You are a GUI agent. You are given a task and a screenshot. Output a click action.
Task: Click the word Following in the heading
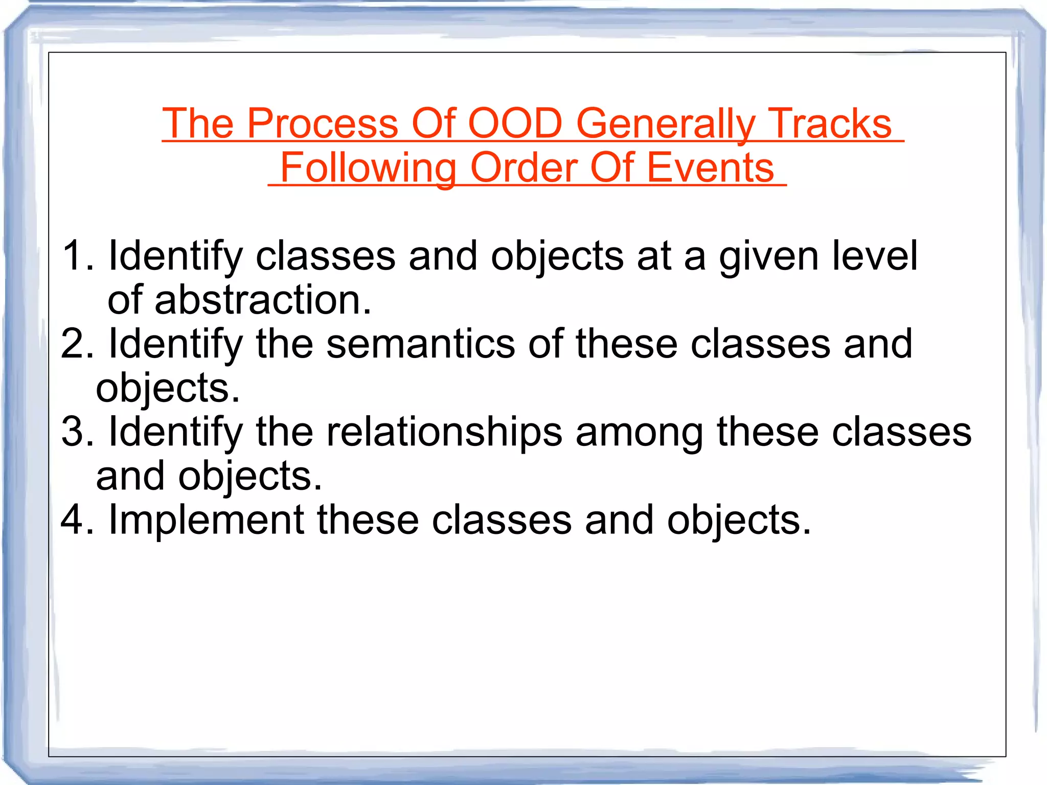pos(368,168)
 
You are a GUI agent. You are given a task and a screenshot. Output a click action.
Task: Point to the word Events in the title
pos(711,168)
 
